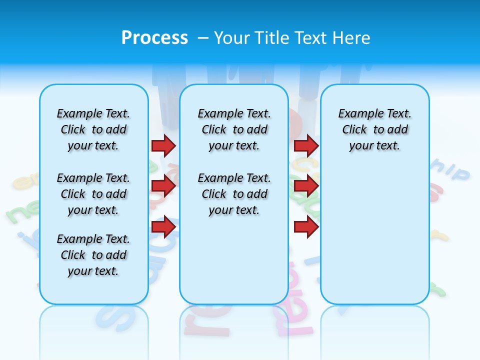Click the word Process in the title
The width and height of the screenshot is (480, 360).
[154, 38]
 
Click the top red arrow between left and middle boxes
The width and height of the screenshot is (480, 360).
[163, 146]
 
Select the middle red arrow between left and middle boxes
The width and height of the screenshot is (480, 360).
[163, 186]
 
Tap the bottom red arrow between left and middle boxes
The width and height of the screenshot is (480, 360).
[163, 227]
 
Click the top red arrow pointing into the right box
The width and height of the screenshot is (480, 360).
[306, 146]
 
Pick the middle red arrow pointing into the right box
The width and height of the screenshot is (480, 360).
[306, 186]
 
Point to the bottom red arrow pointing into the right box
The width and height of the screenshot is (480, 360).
[306, 227]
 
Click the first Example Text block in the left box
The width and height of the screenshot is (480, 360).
[93, 129]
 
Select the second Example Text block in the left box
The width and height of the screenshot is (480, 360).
[93, 194]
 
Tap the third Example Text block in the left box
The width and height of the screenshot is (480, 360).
[93, 255]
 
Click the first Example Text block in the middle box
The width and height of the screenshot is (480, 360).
[234, 129]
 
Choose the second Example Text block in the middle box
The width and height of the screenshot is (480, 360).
[234, 194]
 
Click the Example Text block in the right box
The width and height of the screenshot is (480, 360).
[374, 129]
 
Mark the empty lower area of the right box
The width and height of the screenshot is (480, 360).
[374, 240]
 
